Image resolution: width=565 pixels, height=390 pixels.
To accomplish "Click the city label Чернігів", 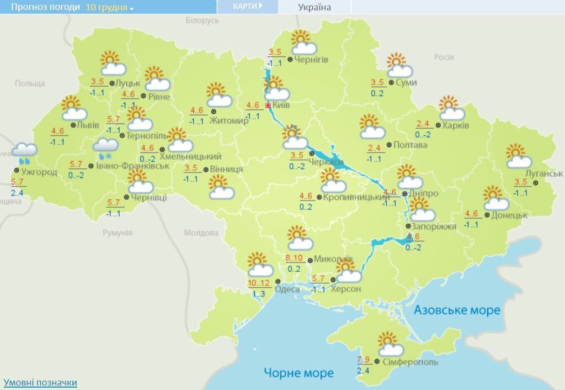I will (x=312, y=59).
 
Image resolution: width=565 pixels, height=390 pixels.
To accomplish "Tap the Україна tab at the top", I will (x=315, y=7).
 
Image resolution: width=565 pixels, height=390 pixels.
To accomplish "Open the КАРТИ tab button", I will (x=247, y=6).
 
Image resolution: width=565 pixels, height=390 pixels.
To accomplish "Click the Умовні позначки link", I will (x=40, y=382).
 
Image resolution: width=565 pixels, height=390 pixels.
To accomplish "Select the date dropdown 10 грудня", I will (x=110, y=7).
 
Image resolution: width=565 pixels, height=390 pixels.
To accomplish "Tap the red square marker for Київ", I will (x=268, y=105).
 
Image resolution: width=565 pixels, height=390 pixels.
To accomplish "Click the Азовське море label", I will (x=457, y=310).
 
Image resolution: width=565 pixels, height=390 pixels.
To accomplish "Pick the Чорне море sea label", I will (x=299, y=373).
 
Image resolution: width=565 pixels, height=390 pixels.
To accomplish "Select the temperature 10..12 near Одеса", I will (x=259, y=283).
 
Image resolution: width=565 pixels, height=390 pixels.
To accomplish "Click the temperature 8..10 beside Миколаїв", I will (x=294, y=259).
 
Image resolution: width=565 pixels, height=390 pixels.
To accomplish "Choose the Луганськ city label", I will (x=544, y=173).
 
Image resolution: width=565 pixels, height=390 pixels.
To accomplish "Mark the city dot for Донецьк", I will (x=487, y=215).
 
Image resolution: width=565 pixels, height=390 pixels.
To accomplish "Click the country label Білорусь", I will (x=202, y=20).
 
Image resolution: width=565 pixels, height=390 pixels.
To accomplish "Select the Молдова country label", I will (x=201, y=233).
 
